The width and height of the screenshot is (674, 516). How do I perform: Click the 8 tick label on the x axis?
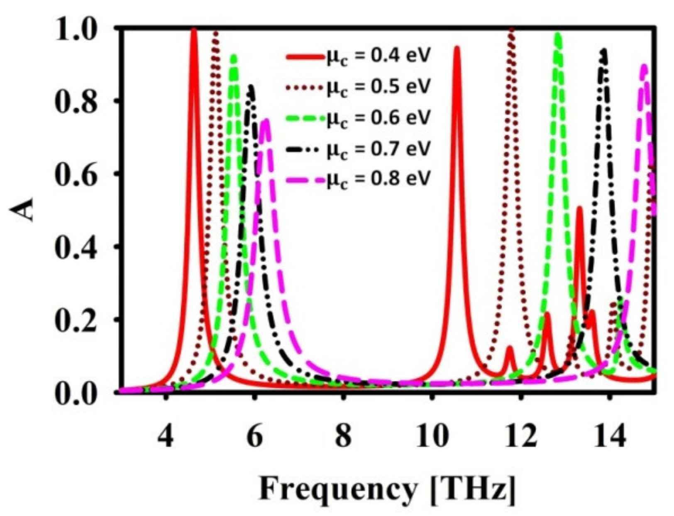[x=343, y=437]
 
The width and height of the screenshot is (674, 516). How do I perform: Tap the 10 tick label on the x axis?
[x=432, y=437]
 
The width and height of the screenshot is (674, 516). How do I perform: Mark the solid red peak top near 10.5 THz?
[x=457, y=47]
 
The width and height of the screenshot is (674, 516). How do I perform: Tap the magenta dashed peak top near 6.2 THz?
[x=266, y=120]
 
